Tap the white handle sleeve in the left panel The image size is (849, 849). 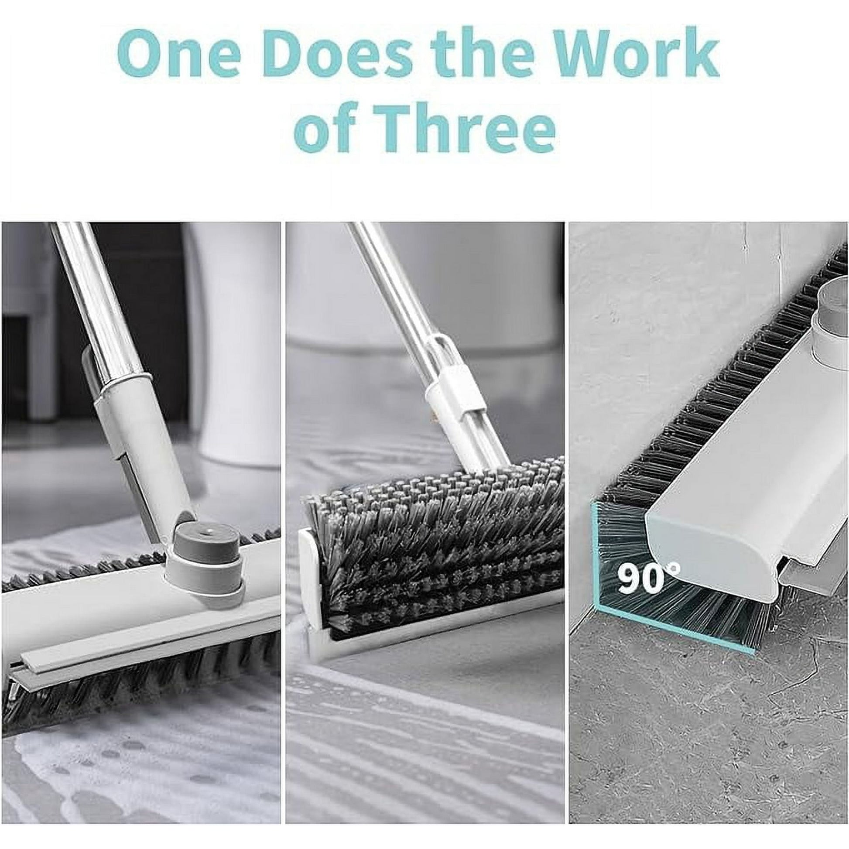136,452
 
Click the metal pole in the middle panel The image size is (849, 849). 391,299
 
